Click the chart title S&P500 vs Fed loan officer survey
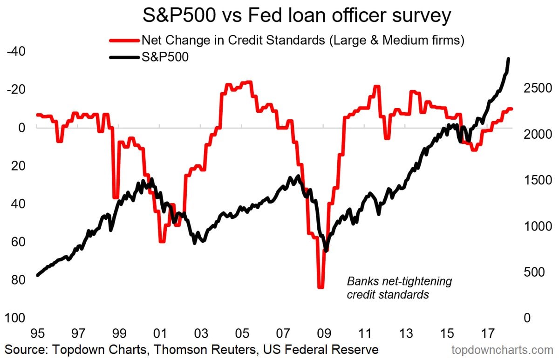click(296, 16)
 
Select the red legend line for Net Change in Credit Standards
click(124, 40)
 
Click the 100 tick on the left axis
click(15, 318)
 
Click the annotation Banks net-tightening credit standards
click(399, 288)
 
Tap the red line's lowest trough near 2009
click(320, 287)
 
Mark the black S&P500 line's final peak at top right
click(508, 59)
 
